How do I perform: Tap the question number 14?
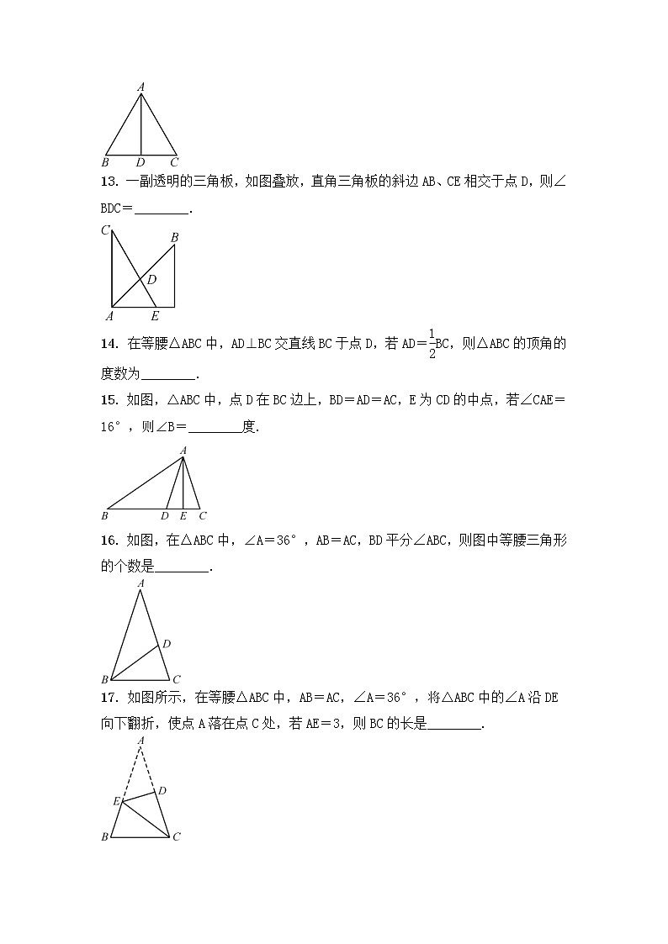[108, 343]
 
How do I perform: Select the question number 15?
[108, 400]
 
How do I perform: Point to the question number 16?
[108, 541]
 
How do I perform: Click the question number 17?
[108, 697]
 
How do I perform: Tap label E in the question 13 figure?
[154, 317]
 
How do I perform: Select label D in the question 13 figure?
[152, 280]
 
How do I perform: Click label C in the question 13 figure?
[105, 230]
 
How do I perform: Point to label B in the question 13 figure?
[174, 238]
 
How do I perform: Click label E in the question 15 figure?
[183, 515]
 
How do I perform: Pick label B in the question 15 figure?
[105, 515]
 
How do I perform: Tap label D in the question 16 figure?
[167, 644]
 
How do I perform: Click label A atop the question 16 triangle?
[140, 583]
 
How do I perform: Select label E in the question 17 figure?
[117, 801]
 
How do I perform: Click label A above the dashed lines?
[140, 739]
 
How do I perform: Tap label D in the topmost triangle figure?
[140, 161]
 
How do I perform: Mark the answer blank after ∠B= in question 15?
[215, 427]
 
